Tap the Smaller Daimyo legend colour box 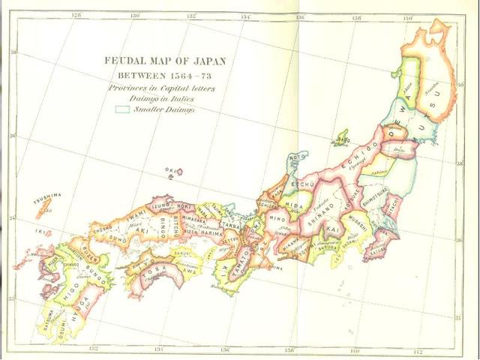(121, 109)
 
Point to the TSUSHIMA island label (47, 195)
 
